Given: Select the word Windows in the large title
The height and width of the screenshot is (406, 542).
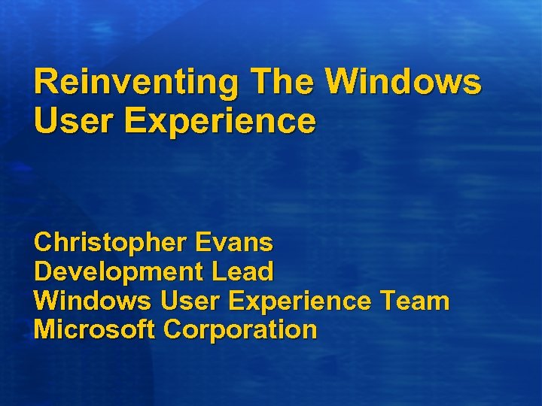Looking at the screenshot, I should (x=407, y=81).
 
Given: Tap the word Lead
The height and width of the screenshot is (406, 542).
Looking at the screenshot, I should (x=242, y=271).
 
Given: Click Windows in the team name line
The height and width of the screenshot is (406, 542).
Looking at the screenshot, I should (x=93, y=301).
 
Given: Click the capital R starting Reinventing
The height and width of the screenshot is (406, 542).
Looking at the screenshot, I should (x=45, y=81).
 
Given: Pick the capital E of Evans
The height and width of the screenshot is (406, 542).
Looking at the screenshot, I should (x=202, y=242).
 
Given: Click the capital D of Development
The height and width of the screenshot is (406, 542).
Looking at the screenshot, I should (x=44, y=271).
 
